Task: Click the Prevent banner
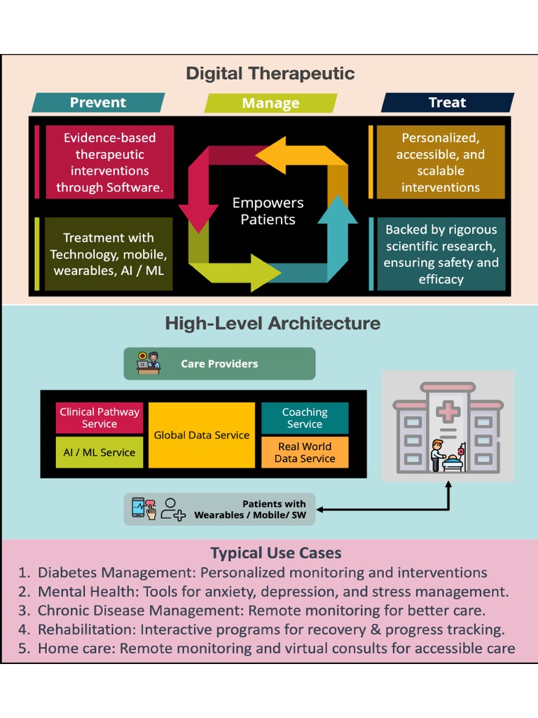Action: pyautogui.click(x=98, y=102)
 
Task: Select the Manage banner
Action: pyautogui.click(x=270, y=103)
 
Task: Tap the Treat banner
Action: pyautogui.click(x=447, y=102)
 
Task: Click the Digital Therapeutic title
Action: pyautogui.click(x=270, y=73)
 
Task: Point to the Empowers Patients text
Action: pyautogui.click(x=268, y=211)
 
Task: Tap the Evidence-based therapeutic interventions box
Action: pyautogui.click(x=109, y=163)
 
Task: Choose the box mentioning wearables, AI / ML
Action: pyautogui.click(x=109, y=254)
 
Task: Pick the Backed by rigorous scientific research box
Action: pyautogui.click(x=441, y=254)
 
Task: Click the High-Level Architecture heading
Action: pyautogui.click(x=273, y=323)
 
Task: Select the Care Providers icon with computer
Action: pyautogui.click(x=149, y=363)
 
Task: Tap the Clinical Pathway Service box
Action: pyautogui.click(x=99, y=418)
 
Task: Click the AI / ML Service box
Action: pyautogui.click(x=99, y=452)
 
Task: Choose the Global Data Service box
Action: pyautogui.click(x=202, y=435)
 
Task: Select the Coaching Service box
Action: pyautogui.click(x=305, y=418)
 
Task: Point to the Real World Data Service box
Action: pyautogui.click(x=305, y=452)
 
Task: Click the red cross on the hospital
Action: pyautogui.click(x=446, y=411)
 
